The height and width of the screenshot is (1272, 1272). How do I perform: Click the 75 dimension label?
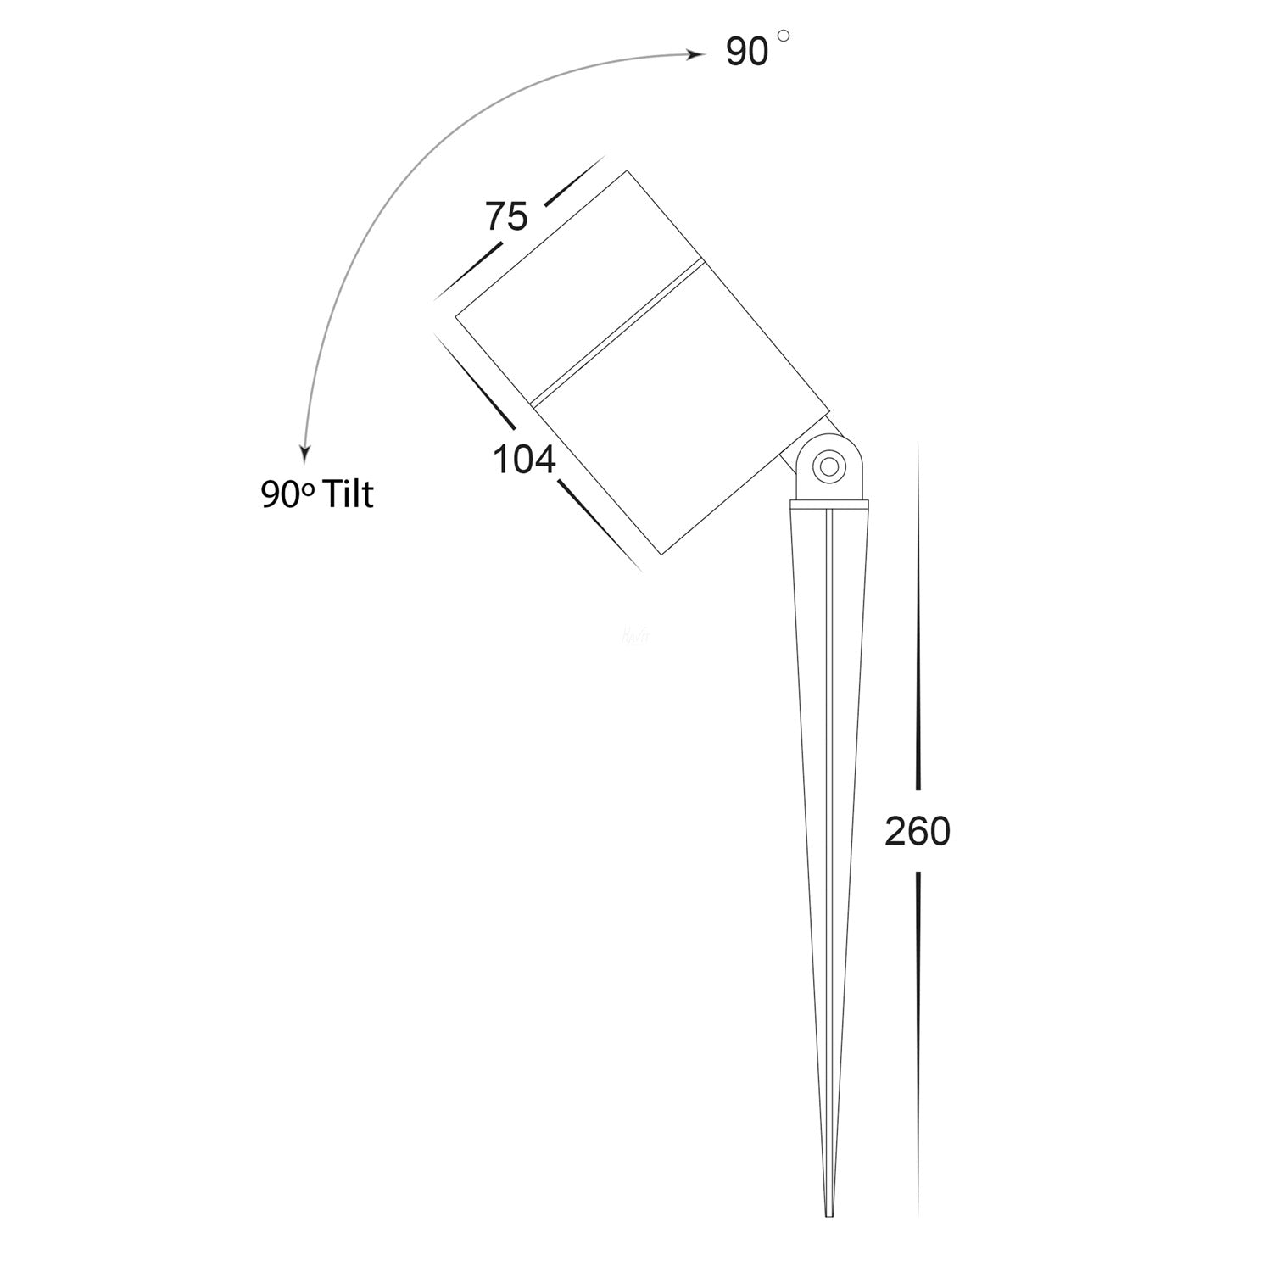click(506, 217)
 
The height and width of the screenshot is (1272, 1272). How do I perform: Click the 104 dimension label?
click(524, 460)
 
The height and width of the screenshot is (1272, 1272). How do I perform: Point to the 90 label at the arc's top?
click(747, 53)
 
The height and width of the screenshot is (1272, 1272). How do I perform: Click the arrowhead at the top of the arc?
click(697, 55)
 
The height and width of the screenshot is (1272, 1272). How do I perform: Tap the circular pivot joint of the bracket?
click(828, 466)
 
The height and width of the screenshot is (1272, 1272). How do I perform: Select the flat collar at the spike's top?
click(829, 505)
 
